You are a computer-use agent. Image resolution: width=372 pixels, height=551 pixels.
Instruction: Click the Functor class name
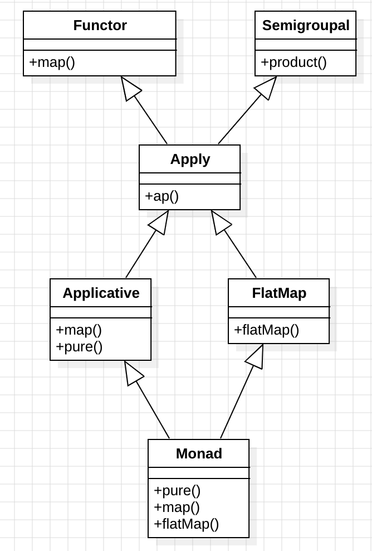(x=100, y=26)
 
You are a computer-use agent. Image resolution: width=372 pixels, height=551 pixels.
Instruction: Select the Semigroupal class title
(x=306, y=26)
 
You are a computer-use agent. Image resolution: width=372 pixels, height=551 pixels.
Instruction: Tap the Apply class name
(x=190, y=159)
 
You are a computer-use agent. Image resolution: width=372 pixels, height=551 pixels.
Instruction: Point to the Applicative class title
(x=101, y=293)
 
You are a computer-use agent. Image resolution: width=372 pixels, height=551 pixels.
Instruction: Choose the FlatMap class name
(x=279, y=293)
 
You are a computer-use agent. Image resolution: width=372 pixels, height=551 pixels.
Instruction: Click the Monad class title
(x=199, y=454)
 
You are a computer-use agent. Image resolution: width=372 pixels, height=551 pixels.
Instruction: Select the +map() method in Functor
(x=52, y=62)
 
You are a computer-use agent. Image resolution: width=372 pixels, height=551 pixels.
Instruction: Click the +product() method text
(x=293, y=62)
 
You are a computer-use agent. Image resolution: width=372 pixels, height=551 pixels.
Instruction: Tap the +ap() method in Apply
(x=161, y=196)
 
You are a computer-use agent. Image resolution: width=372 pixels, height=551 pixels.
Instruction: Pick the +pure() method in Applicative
(x=79, y=346)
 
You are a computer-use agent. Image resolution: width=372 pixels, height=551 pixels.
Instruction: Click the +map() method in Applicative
(x=79, y=330)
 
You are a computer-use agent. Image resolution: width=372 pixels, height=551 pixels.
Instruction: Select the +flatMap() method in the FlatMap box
(x=266, y=330)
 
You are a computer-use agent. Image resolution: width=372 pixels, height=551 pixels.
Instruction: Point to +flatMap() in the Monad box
(x=186, y=524)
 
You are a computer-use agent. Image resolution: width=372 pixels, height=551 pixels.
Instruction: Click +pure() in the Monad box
(x=177, y=491)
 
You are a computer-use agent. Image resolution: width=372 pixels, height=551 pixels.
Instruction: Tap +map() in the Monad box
(x=177, y=507)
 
